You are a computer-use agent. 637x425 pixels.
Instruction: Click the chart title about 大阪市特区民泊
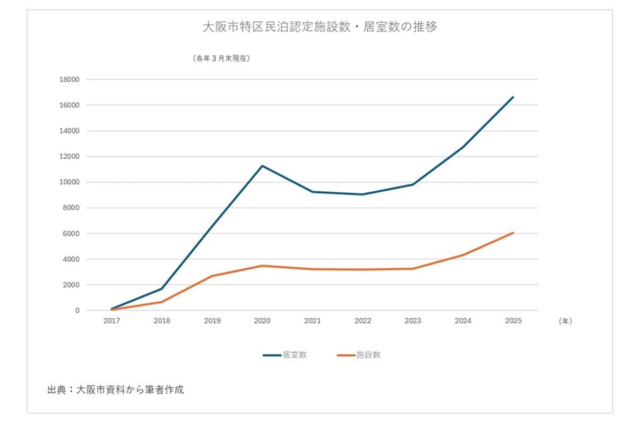(x=320, y=27)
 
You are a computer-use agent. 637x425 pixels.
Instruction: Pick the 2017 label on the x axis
(x=111, y=321)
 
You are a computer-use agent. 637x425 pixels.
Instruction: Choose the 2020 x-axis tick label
(x=262, y=321)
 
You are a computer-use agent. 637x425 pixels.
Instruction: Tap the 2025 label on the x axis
(x=513, y=321)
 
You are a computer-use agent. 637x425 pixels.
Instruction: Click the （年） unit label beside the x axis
(x=565, y=321)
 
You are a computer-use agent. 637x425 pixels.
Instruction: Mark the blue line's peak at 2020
(x=262, y=166)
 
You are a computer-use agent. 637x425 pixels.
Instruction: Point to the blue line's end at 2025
(x=513, y=97)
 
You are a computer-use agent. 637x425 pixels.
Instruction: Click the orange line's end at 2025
(x=513, y=233)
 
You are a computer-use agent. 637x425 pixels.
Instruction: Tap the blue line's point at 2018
(x=162, y=288)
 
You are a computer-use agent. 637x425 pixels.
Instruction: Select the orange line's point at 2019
(x=212, y=276)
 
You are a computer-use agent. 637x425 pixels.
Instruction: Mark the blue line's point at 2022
(x=363, y=194)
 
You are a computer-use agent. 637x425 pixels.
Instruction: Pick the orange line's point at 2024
(x=463, y=255)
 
